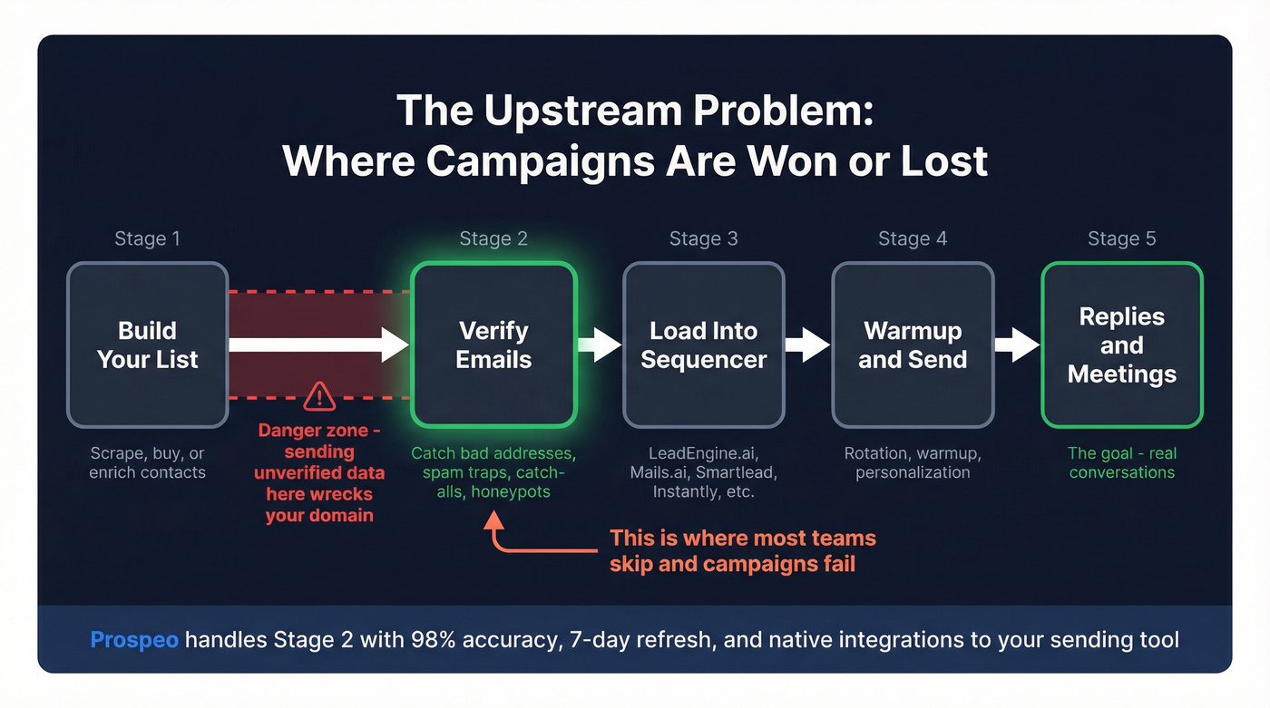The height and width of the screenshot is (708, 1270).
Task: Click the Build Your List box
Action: pyautogui.click(x=147, y=344)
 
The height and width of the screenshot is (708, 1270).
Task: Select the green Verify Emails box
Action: pyautogui.click(x=493, y=344)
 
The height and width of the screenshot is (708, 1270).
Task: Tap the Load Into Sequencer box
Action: pyautogui.click(x=703, y=344)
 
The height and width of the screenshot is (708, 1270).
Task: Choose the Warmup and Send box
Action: pyautogui.click(x=913, y=344)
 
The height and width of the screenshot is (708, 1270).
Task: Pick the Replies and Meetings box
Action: pyautogui.click(x=1121, y=344)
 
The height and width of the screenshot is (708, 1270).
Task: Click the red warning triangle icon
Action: pyautogui.click(x=319, y=395)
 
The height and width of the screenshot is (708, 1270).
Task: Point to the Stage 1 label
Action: pyautogui.click(x=147, y=238)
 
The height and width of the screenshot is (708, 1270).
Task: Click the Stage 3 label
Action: pyautogui.click(x=703, y=238)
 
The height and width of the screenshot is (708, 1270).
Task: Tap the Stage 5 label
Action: pyautogui.click(x=1121, y=238)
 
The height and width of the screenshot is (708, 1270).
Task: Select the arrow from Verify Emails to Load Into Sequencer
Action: pyautogui.click(x=600, y=344)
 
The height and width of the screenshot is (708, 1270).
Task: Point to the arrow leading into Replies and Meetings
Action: pyautogui.click(x=1017, y=344)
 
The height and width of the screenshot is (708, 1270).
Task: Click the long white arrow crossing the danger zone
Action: pyautogui.click(x=317, y=344)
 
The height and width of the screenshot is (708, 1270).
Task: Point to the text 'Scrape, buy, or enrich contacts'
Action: pyautogui.click(x=147, y=462)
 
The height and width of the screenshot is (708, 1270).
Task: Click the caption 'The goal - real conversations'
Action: pyautogui.click(x=1121, y=462)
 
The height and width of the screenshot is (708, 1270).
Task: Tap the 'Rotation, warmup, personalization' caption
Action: pyautogui.click(x=913, y=462)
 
